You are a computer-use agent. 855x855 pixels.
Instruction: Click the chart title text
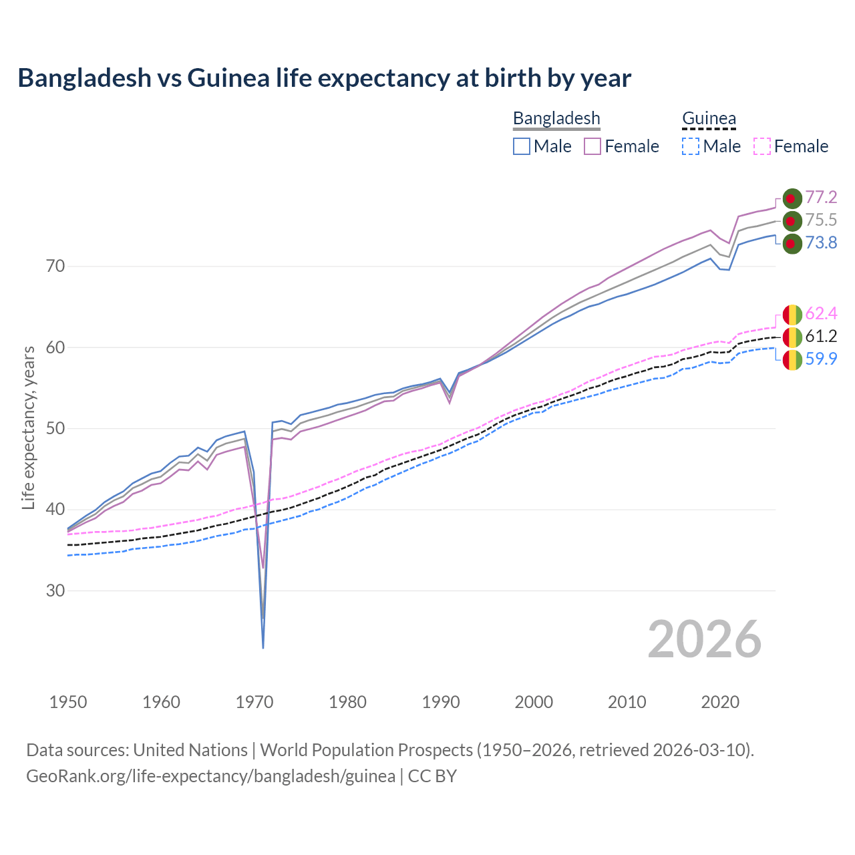(324, 78)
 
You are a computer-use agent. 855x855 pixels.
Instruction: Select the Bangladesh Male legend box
(522, 146)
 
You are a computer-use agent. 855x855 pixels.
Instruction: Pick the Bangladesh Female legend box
(592, 146)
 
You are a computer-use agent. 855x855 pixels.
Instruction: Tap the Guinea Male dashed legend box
(691, 146)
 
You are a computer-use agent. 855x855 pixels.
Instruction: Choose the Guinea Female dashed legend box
(762, 146)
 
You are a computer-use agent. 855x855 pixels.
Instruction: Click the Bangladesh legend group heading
(556, 118)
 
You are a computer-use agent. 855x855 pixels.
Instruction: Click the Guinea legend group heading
(709, 118)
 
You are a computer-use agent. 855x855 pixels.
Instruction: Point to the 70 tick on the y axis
(55, 267)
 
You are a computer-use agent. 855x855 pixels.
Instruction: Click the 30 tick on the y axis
(55, 591)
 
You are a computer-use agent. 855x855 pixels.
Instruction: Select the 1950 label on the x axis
(68, 702)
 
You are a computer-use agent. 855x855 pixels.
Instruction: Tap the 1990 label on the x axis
(441, 702)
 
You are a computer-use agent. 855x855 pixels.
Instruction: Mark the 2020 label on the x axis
(720, 702)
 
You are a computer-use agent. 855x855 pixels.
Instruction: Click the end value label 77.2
(821, 198)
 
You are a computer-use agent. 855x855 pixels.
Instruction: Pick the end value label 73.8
(821, 243)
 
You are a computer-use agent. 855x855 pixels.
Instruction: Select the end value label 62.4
(821, 314)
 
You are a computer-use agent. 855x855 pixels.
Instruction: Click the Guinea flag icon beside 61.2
(792, 337)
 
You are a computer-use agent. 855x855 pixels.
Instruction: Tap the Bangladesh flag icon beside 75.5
(792, 220)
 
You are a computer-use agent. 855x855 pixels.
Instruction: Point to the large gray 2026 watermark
(705, 639)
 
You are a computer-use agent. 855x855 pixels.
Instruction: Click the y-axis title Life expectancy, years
(29, 427)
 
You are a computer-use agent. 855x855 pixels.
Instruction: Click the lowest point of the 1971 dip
(263, 647)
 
